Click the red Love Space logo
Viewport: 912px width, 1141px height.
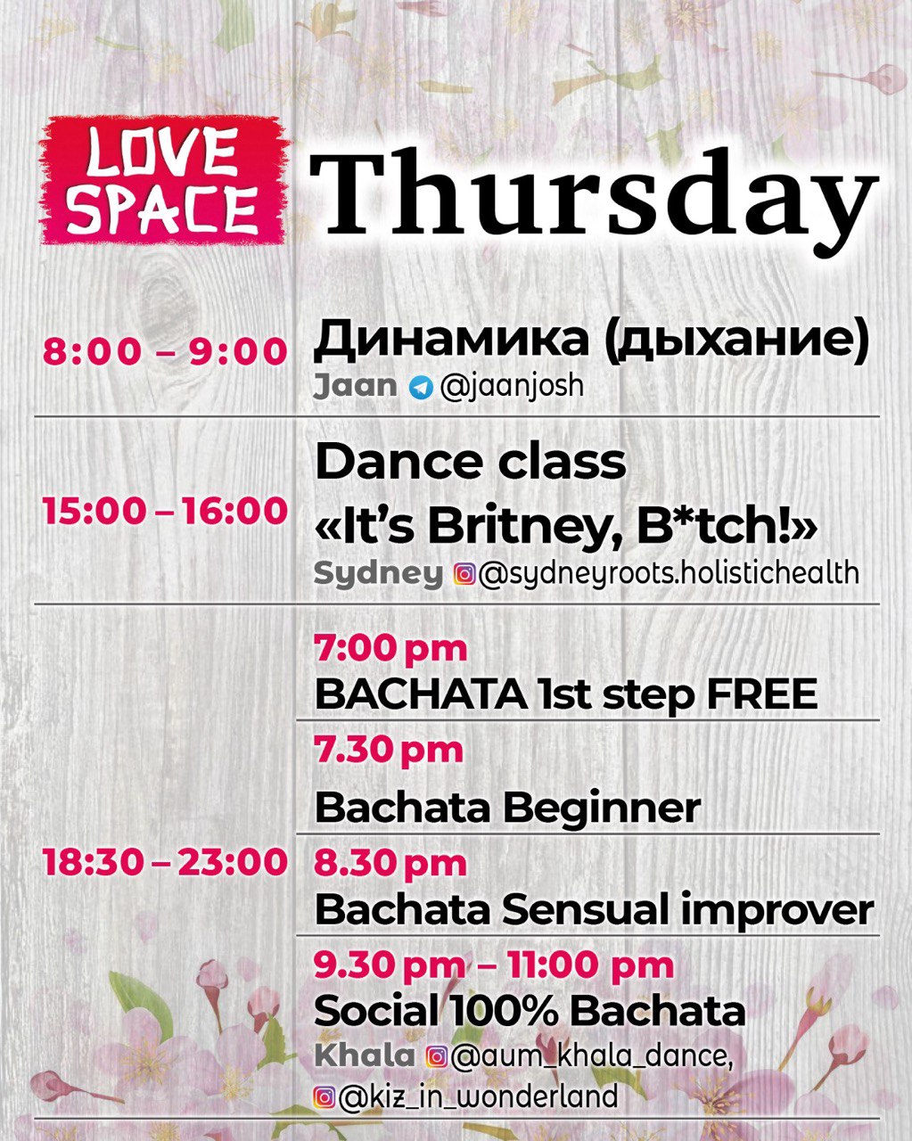click(x=165, y=180)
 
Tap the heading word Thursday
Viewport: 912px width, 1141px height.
click(x=593, y=200)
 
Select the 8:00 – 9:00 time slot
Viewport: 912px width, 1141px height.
click(x=165, y=351)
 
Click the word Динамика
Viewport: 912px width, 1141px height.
click(x=451, y=340)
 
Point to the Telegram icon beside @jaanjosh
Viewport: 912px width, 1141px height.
click(x=421, y=388)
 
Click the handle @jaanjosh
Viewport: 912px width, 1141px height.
click(x=512, y=387)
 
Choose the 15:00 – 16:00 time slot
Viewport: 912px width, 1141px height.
click(x=165, y=512)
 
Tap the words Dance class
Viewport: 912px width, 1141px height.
click(x=471, y=463)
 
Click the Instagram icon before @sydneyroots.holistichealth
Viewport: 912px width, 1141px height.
click(x=464, y=574)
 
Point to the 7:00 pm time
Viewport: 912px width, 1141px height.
click(x=390, y=650)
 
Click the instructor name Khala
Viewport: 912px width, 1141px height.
click(x=365, y=1055)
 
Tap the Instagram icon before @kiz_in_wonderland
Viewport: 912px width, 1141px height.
click(x=324, y=1097)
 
